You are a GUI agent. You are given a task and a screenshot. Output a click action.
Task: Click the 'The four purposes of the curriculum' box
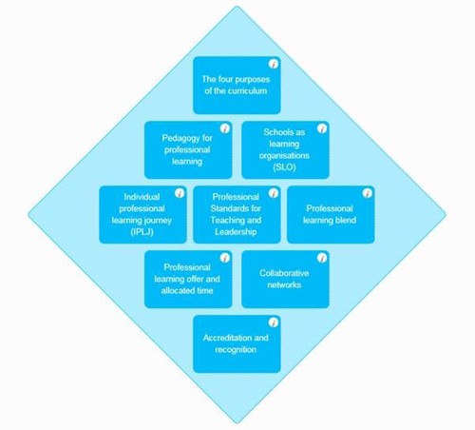point(237,86)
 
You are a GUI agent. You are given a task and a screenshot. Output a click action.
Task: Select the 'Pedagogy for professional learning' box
point(188,150)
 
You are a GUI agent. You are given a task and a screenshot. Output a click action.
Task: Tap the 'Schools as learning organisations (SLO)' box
point(285,150)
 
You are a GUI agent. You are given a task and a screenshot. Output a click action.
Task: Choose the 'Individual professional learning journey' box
point(142,215)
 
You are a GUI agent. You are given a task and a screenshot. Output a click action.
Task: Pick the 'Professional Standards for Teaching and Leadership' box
point(237,215)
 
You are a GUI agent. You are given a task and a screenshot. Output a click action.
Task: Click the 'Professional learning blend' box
point(331,215)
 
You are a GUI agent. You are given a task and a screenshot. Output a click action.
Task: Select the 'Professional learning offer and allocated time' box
point(188,280)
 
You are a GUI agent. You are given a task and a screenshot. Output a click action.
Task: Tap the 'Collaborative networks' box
point(285,280)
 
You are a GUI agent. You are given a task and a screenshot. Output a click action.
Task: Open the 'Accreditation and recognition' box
point(237,344)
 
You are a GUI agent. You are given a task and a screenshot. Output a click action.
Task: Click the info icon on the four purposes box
point(274,64)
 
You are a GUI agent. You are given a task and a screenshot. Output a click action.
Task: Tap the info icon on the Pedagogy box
point(225,128)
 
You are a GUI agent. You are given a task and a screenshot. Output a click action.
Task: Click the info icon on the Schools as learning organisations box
point(322,128)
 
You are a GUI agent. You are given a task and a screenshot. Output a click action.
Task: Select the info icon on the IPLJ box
point(180,193)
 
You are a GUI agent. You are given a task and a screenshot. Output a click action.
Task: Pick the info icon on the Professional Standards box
point(274,193)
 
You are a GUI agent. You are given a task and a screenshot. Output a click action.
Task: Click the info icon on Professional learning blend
point(368,193)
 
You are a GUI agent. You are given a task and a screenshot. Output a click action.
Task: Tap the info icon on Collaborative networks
point(322,258)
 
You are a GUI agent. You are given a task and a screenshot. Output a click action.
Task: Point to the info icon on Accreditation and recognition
point(274,322)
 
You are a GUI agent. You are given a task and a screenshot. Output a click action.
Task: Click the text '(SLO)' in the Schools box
point(284,167)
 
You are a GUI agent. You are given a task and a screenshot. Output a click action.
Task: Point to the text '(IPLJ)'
point(142,232)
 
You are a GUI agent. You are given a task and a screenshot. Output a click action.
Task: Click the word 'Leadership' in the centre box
point(236,232)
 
